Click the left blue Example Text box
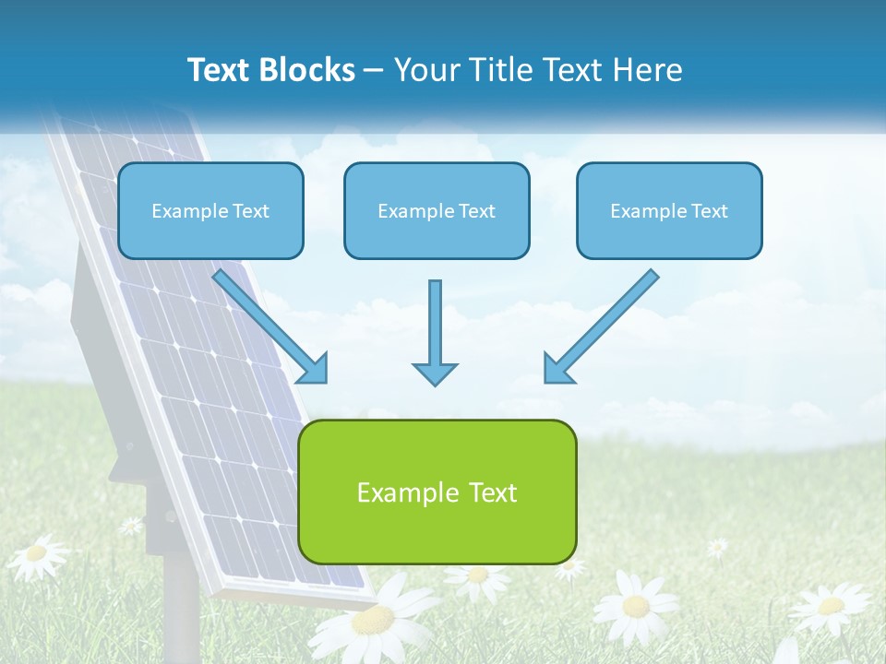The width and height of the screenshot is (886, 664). click(210, 210)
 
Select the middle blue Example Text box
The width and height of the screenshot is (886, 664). click(437, 210)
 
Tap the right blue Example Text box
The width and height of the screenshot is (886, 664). click(669, 210)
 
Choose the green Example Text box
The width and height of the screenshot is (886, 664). click(437, 492)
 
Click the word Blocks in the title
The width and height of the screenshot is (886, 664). click(308, 70)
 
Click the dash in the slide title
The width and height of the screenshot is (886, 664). click(374, 70)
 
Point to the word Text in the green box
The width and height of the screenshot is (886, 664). click(493, 492)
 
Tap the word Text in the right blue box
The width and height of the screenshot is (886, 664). click(709, 211)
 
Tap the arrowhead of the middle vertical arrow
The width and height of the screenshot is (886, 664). click(435, 373)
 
